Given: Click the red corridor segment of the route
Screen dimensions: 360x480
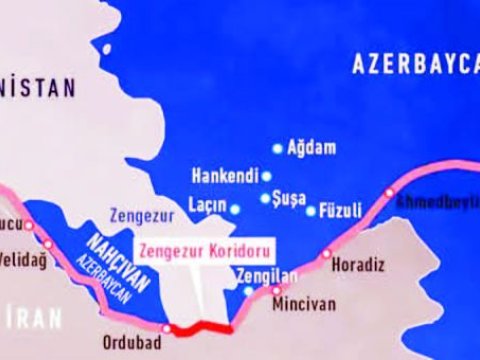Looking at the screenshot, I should coord(199,328).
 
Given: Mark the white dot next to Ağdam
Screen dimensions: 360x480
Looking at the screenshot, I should coord(278,148).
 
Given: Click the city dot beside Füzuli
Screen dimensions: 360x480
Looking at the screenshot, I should coord(310,211).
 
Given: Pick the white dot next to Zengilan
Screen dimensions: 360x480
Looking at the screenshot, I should coord(248,290).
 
